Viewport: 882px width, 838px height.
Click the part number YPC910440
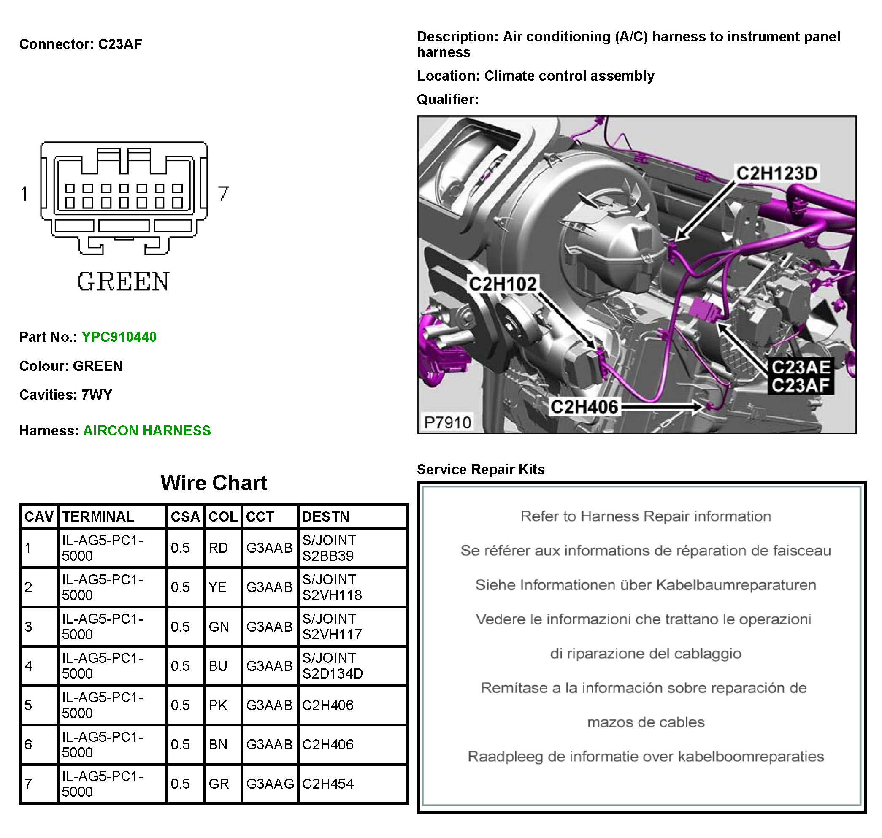(x=119, y=337)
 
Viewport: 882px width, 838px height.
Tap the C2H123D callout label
(x=776, y=173)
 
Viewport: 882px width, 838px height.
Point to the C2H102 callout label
(x=503, y=284)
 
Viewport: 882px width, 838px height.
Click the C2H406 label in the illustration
(x=584, y=407)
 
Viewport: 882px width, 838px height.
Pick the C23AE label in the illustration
(x=801, y=367)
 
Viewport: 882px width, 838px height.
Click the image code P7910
(x=447, y=422)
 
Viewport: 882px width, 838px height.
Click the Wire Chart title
(x=214, y=483)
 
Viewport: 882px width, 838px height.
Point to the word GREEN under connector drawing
(x=124, y=281)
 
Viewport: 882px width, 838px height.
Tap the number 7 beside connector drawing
(x=223, y=193)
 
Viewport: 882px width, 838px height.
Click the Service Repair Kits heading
(x=481, y=469)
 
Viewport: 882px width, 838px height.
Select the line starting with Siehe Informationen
(x=646, y=585)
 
